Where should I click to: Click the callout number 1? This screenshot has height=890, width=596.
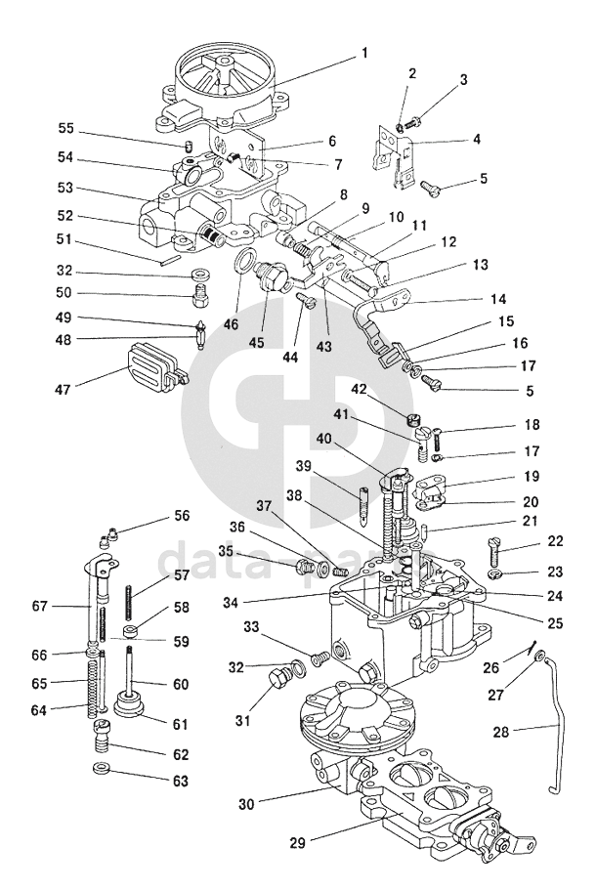tap(364, 53)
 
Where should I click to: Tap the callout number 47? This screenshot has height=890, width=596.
tap(63, 390)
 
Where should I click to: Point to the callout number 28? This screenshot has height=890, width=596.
tap(501, 732)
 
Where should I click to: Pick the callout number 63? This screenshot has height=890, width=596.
tap(180, 781)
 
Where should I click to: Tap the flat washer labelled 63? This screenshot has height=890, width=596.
tap(103, 769)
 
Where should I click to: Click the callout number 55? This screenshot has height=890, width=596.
tap(65, 128)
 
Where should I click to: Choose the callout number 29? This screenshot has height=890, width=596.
tap(297, 843)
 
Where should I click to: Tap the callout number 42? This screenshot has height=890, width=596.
tap(359, 389)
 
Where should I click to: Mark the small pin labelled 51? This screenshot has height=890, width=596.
tap(169, 261)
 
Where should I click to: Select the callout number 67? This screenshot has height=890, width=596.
tap(39, 607)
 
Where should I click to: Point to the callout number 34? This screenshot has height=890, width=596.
tap(230, 602)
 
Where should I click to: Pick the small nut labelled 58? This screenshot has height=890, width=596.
tap(132, 631)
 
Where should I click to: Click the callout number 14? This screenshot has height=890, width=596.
tap(496, 299)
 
